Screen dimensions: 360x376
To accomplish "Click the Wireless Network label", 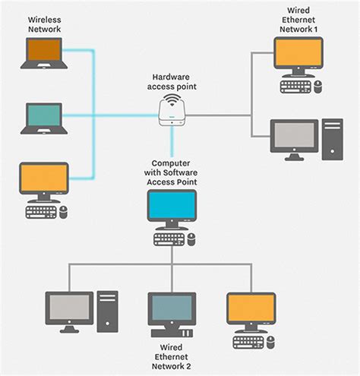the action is tap(44, 24).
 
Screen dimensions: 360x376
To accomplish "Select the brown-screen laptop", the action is tap(44, 53).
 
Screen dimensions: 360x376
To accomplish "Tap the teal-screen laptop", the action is tap(44, 118).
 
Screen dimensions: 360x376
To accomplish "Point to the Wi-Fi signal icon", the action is tap(172, 100).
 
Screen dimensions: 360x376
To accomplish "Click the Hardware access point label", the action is tap(172, 82).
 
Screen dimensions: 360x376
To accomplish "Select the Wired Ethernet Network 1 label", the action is tap(298, 20).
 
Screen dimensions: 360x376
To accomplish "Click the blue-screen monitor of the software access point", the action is tap(172, 210).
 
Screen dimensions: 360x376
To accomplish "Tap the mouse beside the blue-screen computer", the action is tap(191, 239).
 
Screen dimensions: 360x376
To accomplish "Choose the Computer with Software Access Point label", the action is tap(171, 172).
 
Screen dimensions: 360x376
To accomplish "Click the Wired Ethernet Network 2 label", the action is tap(172, 357).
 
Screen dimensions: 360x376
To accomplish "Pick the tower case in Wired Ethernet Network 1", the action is tap(333, 139).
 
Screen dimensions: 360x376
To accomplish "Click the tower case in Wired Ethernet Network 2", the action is tap(107, 311).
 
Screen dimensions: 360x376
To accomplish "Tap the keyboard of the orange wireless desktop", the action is tap(41, 212).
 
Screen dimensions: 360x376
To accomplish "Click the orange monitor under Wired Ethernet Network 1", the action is tap(298, 57).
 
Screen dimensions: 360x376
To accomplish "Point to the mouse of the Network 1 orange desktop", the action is tap(318, 87).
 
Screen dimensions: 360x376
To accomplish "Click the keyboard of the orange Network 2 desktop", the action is tap(248, 343).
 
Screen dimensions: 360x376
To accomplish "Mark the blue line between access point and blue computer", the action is tap(172, 141).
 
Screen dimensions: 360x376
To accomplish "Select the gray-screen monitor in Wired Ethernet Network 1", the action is tap(294, 140).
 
